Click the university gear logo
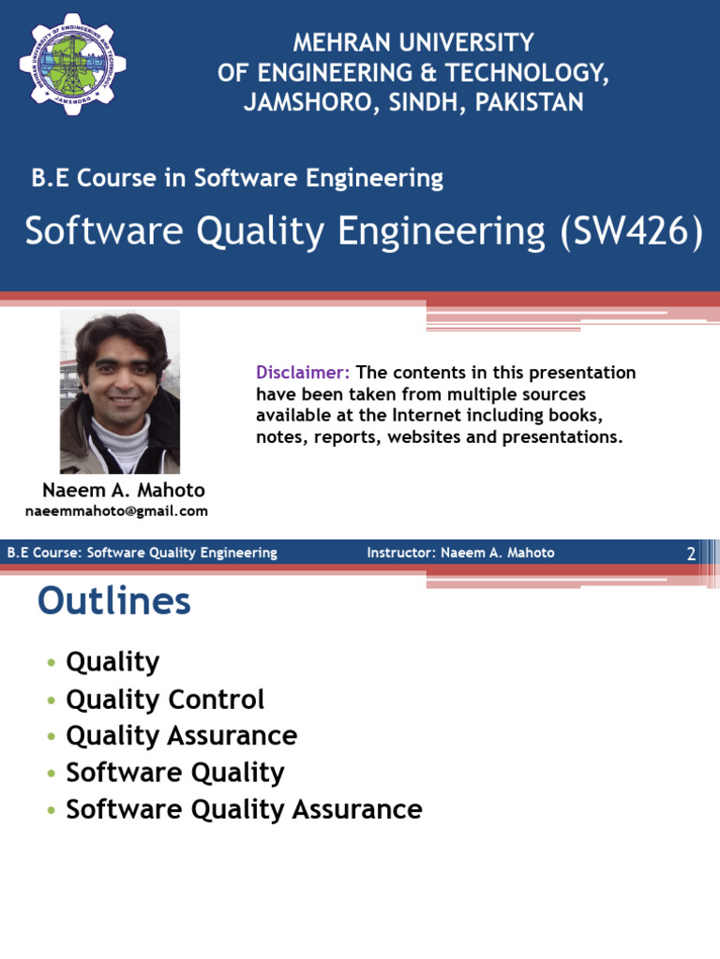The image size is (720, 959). [x=72, y=64]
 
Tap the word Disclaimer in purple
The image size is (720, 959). [x=303, y=373]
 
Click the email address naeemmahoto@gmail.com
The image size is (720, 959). [x=116, y=511]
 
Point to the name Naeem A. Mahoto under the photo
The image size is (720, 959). [x=124, y=491]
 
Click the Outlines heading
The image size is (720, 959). [x=114, y=601]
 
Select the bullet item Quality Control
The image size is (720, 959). [x=165, y=700]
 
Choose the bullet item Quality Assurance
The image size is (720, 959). [x=181, y=736]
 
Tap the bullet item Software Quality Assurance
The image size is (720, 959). [x=244, y=809]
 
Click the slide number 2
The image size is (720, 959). [x=691, y=553]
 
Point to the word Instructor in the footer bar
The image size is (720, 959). [x=399, y=553]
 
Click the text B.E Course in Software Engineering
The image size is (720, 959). [x=237, y=178]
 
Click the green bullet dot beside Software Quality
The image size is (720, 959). [x=50, y=774]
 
